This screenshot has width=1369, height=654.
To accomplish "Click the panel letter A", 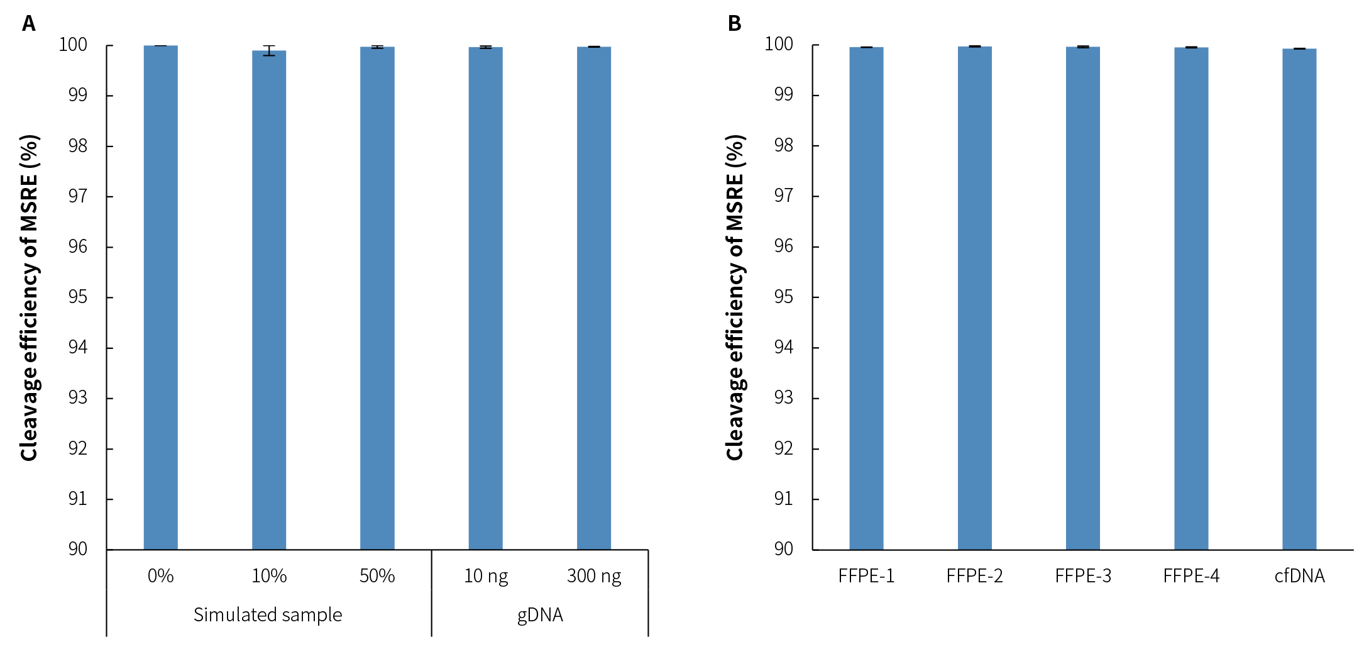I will click(28, 23).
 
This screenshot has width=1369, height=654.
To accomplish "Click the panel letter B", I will click(734, 23).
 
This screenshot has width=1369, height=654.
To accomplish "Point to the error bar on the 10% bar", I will click(269, 50).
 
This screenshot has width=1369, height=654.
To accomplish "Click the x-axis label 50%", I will click(377, 576).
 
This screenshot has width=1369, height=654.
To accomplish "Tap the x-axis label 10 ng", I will click(486, 576).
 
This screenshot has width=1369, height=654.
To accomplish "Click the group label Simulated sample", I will click(268, 614).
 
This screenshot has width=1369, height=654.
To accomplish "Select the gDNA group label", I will click(540, 614).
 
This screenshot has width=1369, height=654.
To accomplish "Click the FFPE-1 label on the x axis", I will click(866, 576).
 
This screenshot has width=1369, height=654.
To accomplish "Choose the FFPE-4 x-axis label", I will click(1191, 576).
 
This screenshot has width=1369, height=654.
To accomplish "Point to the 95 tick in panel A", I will click(78, 297).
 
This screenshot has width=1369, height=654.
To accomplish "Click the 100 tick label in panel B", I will click(778, 44).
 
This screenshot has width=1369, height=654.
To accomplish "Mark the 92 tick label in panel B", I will click(783, 448).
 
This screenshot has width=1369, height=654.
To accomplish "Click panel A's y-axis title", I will click(30, 297).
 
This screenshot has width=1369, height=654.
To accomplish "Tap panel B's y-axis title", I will click(735, 297).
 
